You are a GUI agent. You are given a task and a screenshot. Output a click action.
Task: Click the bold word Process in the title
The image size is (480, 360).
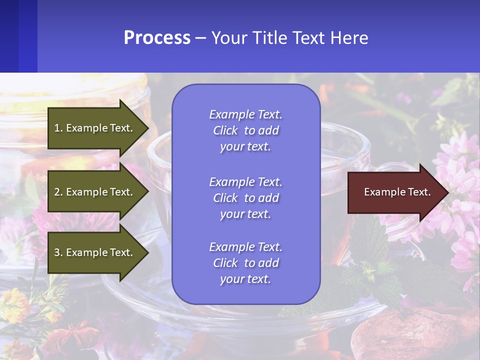(x=157, y=38)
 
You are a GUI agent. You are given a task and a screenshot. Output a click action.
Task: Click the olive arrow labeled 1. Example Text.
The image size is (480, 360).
(x=94, y=128)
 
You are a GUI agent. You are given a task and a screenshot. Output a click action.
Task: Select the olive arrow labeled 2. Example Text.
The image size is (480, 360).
(x=94, y=192)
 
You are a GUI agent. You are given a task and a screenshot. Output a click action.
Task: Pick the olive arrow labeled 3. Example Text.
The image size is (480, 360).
(x=94, y=252)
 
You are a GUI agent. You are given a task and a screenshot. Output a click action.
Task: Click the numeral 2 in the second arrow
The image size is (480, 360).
(x=57, y=192)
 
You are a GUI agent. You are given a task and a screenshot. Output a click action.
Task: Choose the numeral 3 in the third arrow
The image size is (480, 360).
(x=57, y=252)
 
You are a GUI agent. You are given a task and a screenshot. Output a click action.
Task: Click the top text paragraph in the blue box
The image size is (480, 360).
(x=245, y=130)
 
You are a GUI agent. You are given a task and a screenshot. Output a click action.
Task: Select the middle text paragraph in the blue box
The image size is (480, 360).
(x=245, y=198)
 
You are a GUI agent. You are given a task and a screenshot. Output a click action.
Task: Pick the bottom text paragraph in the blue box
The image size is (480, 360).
(x=245, y=263)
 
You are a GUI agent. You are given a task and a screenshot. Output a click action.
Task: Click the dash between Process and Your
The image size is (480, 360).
(x=200, y=38)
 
